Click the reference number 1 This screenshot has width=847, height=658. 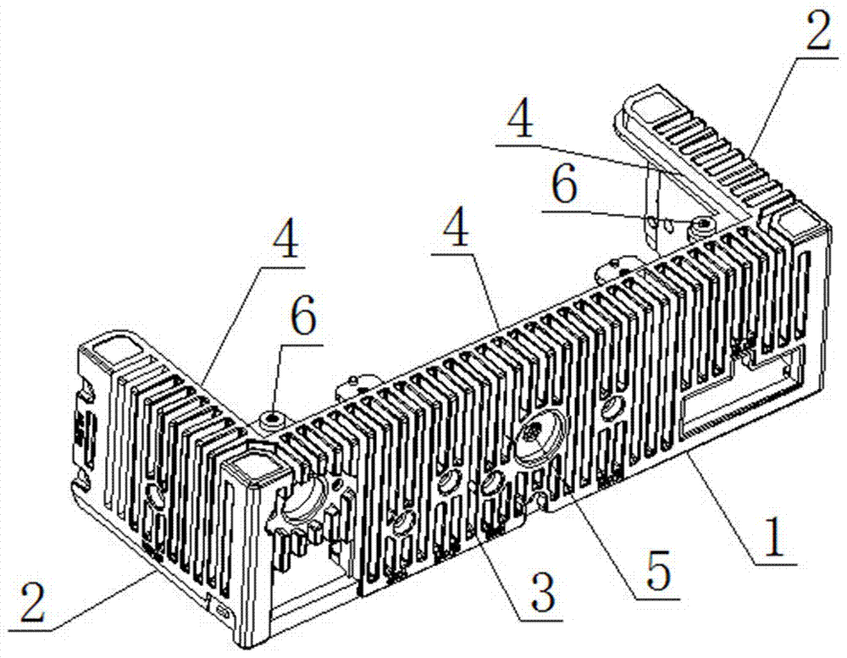tap(774, 537)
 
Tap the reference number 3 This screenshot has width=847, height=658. tap(542, 592)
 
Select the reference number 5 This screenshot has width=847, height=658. tap(658, 571)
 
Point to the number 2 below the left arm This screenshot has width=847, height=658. tap(33, 601)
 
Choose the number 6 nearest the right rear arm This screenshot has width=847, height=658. tap(565, 185)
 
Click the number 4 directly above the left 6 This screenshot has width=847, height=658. tap(285, 241)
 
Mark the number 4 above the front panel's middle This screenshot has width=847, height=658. tap(456, 228)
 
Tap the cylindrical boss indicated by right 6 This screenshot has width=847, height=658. tap(702, 226)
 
